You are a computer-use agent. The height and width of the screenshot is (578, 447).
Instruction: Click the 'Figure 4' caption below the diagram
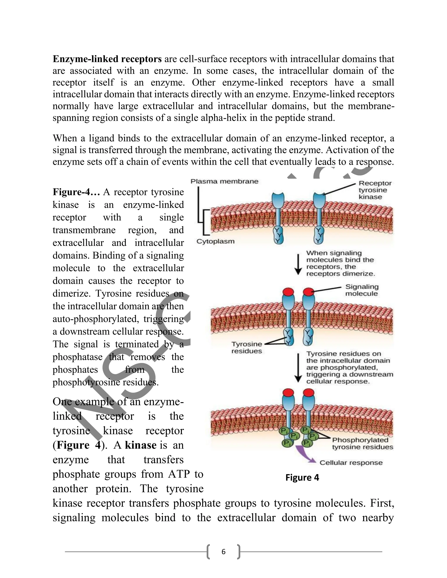[x=302, y=477]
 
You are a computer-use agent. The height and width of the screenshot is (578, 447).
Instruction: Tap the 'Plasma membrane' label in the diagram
[x=224, y=181]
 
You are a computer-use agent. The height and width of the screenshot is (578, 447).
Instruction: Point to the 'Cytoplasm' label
[x=215, y=241]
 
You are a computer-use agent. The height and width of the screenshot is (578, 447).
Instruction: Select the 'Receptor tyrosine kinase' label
[x=375, y=190]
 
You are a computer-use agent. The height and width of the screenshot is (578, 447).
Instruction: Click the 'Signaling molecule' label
[x=362, y=290]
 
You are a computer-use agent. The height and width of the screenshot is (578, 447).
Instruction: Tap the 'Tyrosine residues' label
[x=247, y=347]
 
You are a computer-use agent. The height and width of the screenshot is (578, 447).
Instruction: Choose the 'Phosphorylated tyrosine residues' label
[x=362, y=443]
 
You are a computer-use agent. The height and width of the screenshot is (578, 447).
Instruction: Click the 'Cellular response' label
[x=351, y=463]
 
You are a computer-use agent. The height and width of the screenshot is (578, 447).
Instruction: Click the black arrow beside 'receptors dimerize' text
[x=298, y=265]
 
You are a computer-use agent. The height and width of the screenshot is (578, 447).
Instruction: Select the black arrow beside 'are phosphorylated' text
[x=298, y=368]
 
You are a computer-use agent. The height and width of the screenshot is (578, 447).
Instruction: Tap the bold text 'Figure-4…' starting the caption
[x=76, y=192]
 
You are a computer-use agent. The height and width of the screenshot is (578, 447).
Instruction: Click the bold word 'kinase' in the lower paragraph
[x=140, y=445]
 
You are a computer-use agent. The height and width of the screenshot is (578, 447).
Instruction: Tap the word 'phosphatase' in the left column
[x=77, y=357]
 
